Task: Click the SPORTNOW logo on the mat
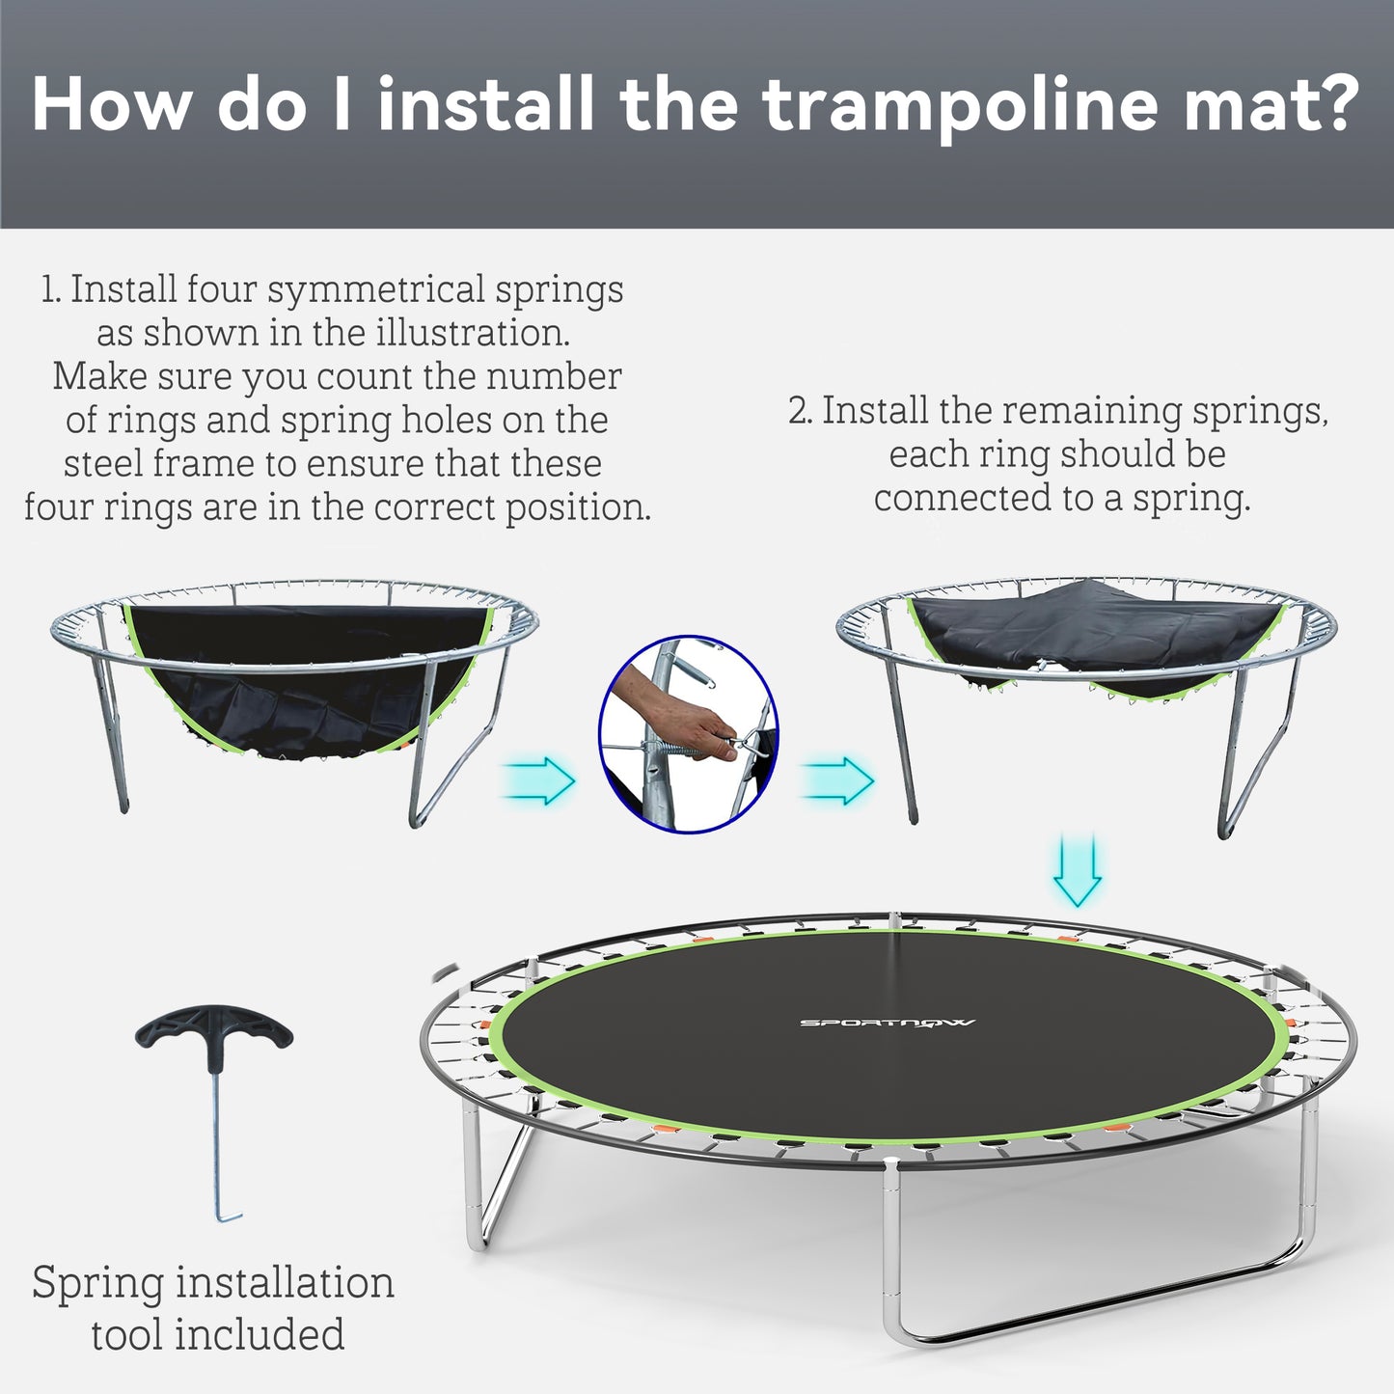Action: point(887,1023)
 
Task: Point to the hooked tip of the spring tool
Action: point(228,1218)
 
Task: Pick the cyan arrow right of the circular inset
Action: point(838,779)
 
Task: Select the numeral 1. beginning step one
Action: point(52,289)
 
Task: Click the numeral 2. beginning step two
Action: point(800,411)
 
